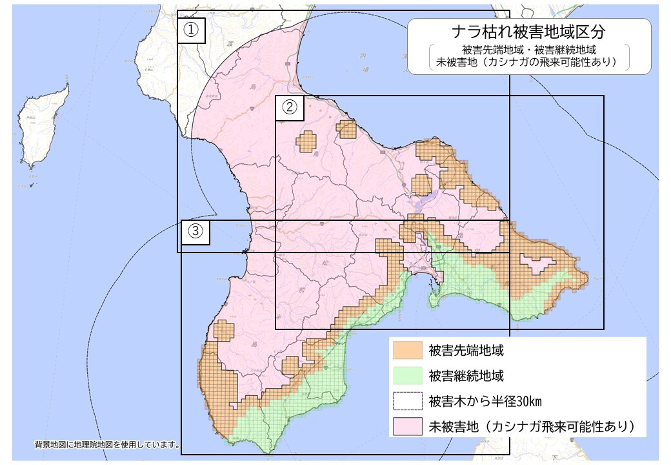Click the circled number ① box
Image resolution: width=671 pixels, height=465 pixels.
pos(191,30)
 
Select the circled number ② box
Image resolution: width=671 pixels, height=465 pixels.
pos(290,108)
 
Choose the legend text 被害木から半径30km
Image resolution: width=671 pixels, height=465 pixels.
pos(480,401)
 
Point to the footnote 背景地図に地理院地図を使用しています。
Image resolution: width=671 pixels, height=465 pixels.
pos(107,445)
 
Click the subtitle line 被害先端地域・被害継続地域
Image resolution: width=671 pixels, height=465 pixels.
pos(528,50)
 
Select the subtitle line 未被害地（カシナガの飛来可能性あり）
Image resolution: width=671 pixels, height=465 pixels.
pos(528,63)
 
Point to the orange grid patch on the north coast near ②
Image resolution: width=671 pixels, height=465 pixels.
pos(346,129)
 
